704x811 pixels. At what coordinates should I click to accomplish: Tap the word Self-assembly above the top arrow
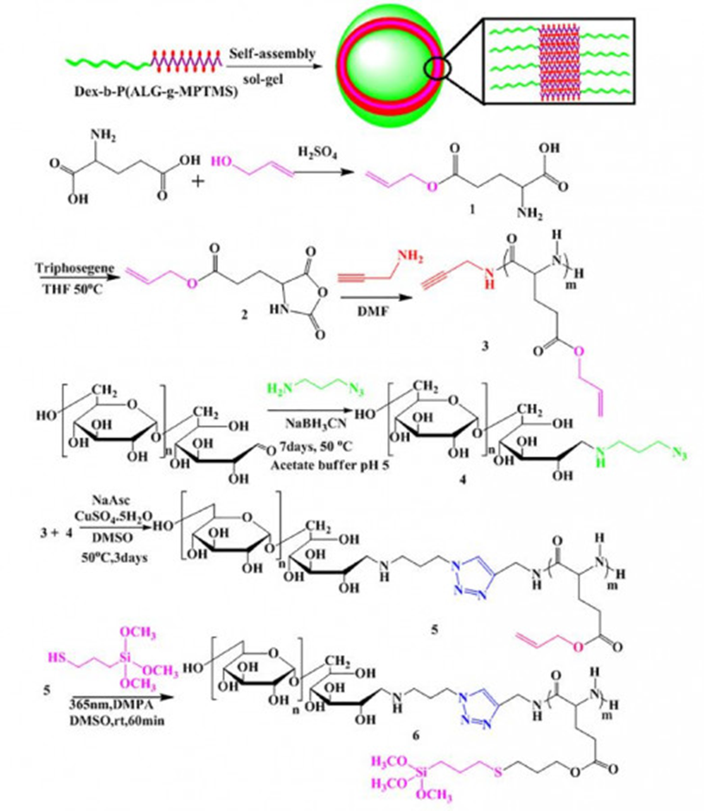[269, 53]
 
